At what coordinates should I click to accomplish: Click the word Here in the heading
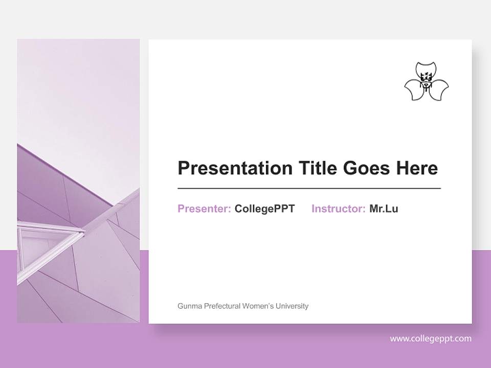tap(418, 168)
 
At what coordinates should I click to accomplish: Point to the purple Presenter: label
tap(204, 209)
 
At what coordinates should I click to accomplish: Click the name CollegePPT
tap(264, 209)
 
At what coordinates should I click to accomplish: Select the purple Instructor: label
tap(338, 209)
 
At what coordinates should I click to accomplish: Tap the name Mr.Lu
tap(384, 209)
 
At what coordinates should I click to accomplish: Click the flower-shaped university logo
tap(427, 82)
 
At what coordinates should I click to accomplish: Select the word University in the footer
tap(292, 306)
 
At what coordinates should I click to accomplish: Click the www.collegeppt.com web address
tap(431, 338)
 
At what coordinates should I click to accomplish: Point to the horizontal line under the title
tap(309, 189)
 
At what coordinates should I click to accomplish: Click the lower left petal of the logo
tap(414, 90)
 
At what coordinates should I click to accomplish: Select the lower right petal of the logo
tap(439, 90)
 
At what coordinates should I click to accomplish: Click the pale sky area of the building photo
tap(77, 87)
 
